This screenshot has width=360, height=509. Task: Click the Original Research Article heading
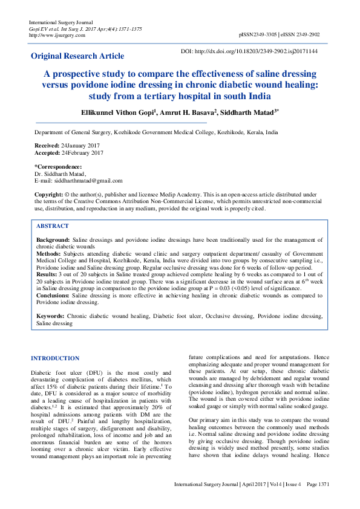coord(77,56)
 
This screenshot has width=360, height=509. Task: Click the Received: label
coord(47,146)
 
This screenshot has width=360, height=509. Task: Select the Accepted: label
coord(47,153)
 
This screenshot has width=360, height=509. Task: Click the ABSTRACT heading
coord(52,225)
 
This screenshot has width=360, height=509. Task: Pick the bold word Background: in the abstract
coord(53,240)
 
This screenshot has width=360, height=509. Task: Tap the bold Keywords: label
coord(50,316)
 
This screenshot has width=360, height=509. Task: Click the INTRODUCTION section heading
coord(55,358)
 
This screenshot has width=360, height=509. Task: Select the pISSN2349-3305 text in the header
coord(260,35)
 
